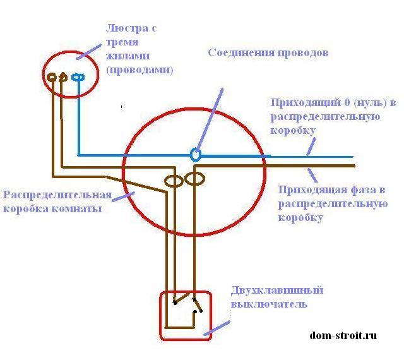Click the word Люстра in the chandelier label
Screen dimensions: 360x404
click(122, 29)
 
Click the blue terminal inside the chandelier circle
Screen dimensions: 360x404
click(78, 77)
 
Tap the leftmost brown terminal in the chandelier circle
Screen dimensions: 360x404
click(51, 77)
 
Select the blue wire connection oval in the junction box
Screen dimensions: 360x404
click(196, 154)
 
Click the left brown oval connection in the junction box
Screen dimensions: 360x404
click(174, 181)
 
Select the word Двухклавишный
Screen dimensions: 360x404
click(276, 291)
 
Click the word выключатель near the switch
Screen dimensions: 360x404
click(269, 304)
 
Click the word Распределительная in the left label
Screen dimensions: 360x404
click(57, 195)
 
